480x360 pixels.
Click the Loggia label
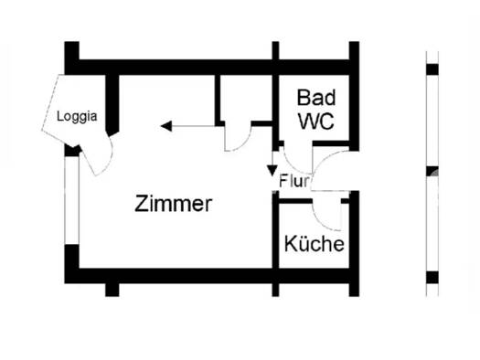pos(77,116)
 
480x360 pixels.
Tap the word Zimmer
pos(173,204)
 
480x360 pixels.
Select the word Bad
pos(315,97)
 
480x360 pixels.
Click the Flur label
pos(294,180)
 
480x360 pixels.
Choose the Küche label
pos(314,245)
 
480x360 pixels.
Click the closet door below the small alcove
pos(236,140)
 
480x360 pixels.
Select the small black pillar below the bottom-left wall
pos(112,290)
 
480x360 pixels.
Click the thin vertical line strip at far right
pos(432,174)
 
